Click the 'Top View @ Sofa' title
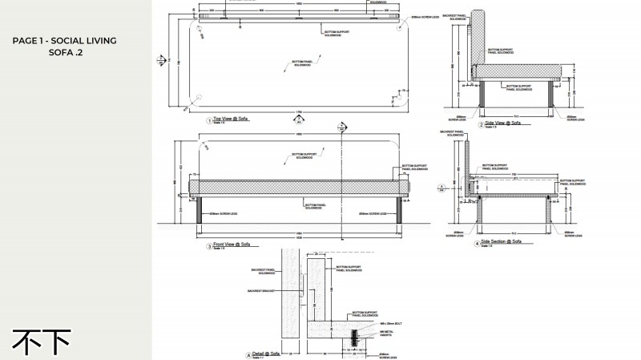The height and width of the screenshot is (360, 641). click(x=232, y=119)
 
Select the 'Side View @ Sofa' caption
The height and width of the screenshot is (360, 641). click(x=504, y=124)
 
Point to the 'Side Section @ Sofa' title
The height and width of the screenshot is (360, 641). click(x=506, y=241)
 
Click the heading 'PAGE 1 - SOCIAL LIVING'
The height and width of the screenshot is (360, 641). click(x=65, y=40)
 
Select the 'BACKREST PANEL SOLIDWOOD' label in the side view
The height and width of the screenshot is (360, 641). click(x=455, y=17)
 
